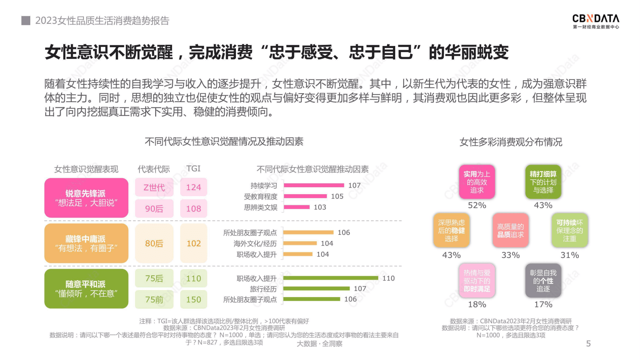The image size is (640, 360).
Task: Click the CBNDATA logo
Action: click(596, 21)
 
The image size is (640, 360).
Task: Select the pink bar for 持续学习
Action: click(314, 185)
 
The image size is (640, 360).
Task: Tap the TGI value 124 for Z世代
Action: click(194, 187)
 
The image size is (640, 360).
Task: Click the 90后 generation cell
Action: click(154, 209)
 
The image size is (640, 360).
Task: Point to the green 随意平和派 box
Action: click(86, 289)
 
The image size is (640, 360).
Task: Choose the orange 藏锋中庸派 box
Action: click(86, 243)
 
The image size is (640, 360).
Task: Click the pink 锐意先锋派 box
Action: click(86, 198)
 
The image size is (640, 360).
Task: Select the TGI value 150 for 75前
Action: click(194, 299)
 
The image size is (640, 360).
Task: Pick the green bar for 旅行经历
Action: click(317, 289)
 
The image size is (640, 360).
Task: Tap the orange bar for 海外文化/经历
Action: click(300, 243)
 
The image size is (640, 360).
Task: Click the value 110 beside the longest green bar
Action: click(388, 278)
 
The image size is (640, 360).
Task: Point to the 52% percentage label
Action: click(477, 205)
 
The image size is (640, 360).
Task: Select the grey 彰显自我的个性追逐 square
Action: click(543, 280)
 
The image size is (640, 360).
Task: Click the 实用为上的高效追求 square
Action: click(477, 182)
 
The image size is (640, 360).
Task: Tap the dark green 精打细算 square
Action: click(543, 182)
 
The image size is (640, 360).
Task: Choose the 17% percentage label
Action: click(543, 304)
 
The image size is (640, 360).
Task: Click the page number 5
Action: click(588, 343)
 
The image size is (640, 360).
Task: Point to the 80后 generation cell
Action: click(154, 243)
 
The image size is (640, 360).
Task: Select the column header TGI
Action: click(193, 169)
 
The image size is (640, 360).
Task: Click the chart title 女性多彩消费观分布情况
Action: click(511, 142)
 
